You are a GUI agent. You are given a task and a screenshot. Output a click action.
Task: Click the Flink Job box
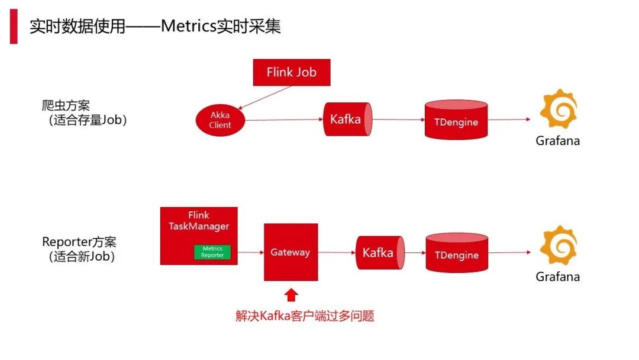point(291,72)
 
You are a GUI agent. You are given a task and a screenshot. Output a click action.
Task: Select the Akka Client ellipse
point(220,120)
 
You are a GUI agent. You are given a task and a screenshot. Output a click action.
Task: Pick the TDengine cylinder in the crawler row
point(456,121)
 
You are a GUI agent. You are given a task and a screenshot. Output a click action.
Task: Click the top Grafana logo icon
point(558,110)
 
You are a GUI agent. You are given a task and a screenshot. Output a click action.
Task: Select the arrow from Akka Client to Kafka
point(284,120)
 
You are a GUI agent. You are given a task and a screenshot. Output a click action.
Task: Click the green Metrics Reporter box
point(212,252)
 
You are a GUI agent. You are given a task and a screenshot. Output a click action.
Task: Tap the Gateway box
point(291,252)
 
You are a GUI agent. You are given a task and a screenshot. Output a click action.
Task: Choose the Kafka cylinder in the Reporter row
point(379,253)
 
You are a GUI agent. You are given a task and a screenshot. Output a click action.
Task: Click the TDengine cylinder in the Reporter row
point(457,255)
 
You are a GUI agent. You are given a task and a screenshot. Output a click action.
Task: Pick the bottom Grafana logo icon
point(558,245)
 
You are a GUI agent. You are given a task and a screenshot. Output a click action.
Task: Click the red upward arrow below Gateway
point(291,294)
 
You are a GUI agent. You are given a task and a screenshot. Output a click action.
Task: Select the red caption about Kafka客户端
point(305,316)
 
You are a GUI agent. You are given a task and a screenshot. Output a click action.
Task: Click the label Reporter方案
point(79,242)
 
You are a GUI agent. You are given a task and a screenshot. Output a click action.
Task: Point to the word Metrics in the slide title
point(188,27)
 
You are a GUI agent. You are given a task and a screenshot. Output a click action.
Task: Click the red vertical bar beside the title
point(14,27)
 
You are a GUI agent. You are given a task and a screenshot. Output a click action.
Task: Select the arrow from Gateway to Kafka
point(337,253)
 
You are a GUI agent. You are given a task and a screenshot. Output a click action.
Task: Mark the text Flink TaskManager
point(199,220)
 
